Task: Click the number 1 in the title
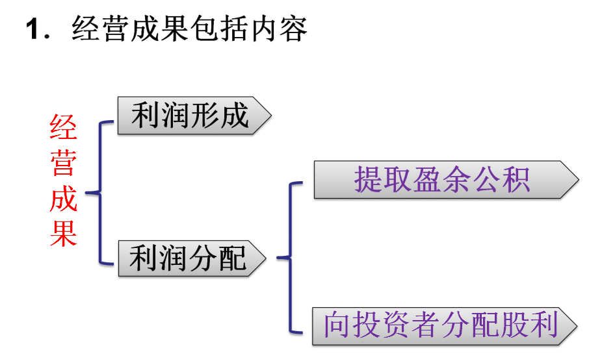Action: [33, 30]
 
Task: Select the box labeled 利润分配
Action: [192, 258]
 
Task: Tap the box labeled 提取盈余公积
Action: [445, 179]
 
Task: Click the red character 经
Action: [64, 129]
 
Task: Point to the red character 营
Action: [64, 163]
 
